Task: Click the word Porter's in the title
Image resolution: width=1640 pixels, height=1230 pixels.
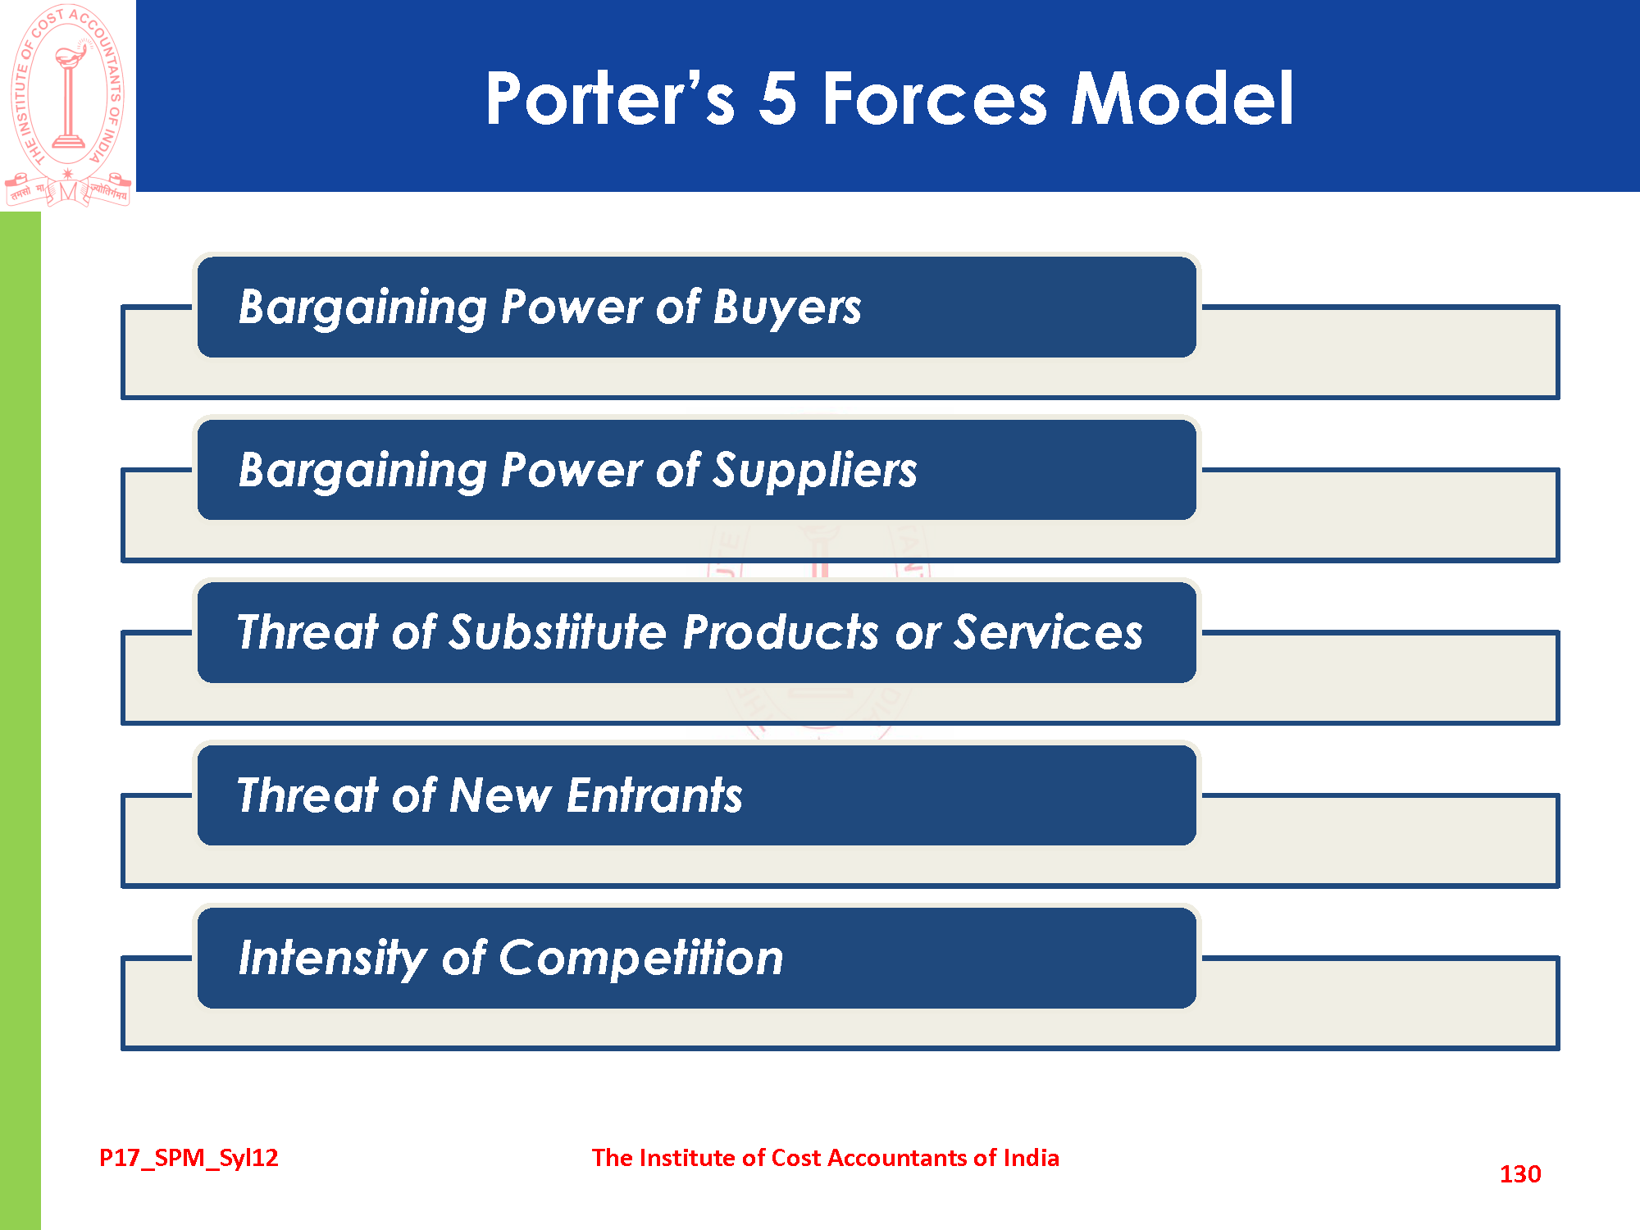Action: (x=610, y=98)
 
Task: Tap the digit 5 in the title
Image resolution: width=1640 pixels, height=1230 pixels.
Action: (x=777, y=98)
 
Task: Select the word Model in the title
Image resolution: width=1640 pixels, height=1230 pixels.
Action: (x=1182, y=98)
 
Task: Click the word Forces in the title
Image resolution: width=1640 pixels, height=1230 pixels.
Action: (x=935, y=98)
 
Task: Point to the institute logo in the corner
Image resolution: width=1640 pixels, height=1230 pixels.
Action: (x=68, y=105)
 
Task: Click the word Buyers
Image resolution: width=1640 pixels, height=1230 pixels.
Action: (x=787, y=308)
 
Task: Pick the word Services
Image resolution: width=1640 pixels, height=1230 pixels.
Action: (x=1049, y=632)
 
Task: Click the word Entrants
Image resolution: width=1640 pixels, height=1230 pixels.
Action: (x=654, y=795)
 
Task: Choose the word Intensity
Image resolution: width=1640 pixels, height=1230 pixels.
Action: (x=331, y=959)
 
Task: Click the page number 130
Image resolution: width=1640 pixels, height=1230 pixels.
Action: (x=1520, y=1174)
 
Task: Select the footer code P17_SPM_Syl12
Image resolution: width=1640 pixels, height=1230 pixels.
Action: (x=189, y=1158)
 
